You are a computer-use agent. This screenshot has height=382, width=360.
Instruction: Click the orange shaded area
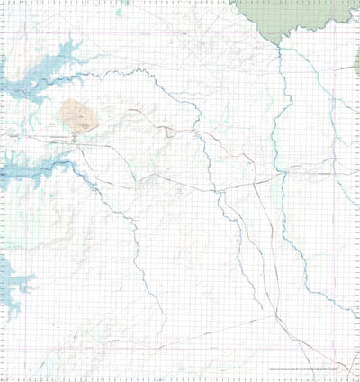pos(76,115)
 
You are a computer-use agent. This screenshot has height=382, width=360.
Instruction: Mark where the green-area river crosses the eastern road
pos(282,169)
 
